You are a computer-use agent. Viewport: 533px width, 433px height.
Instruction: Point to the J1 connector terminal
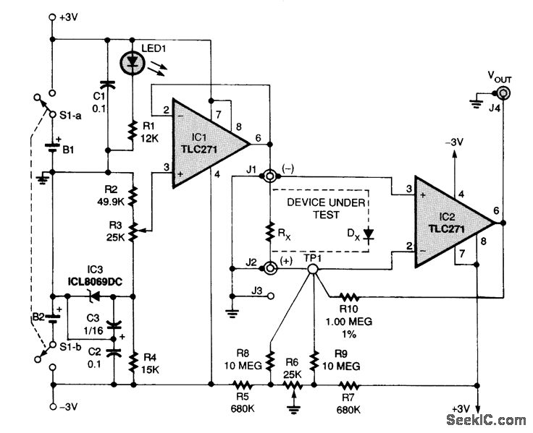point(269,176)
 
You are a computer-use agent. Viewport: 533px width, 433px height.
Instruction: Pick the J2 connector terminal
point(269,269)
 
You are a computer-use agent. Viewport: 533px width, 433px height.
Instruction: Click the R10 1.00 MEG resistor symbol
point(348,296)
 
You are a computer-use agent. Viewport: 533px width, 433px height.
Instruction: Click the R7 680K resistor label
point(351,403)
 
